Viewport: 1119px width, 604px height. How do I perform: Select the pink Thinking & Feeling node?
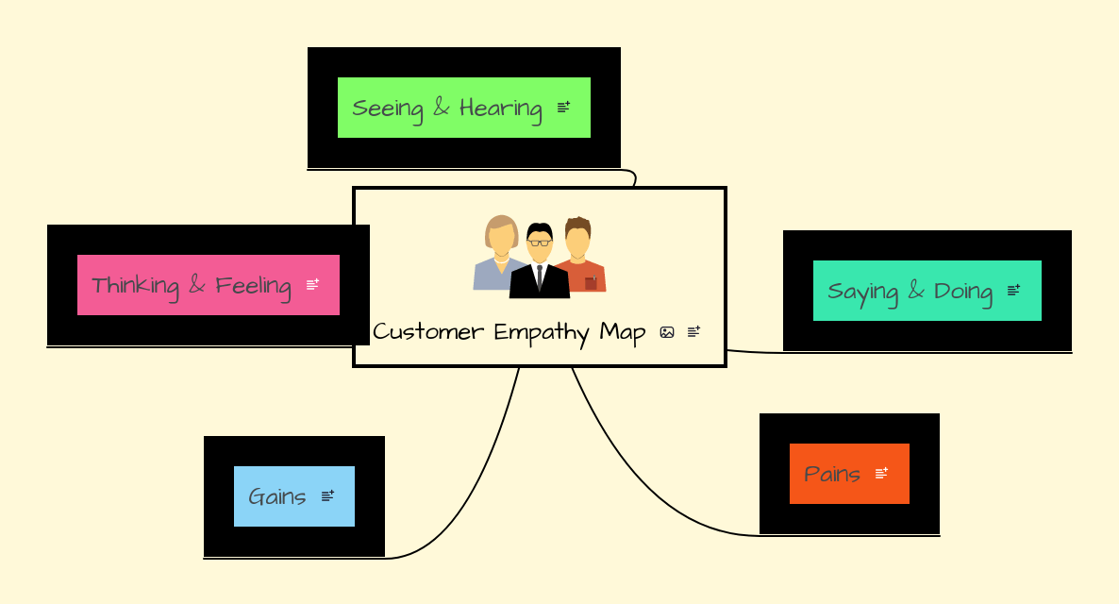click(191, 285)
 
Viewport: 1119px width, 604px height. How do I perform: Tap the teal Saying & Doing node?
click(910, 291)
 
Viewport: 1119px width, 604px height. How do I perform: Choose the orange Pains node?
click(832, 474)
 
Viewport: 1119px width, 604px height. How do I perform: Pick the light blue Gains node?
click(277, 496)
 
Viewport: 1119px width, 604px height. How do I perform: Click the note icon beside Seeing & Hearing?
click(563, 108)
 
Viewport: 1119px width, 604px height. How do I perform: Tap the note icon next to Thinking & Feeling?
click(312, 284)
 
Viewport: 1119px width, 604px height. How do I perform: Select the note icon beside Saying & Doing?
click(1013, 291)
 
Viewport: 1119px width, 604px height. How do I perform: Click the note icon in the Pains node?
click(881, 474)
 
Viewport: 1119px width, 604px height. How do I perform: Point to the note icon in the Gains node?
click(327, 496)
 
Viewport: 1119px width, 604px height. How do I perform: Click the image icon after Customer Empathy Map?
click(667, 332)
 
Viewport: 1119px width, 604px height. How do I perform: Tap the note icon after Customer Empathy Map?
click(693, 332)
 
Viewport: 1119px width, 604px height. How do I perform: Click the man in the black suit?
click(539, 274)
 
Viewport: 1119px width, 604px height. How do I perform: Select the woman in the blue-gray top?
click(498, 260)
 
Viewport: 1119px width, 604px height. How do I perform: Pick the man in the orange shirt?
click(581, 260)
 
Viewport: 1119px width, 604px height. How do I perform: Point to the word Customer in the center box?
click(428, 332)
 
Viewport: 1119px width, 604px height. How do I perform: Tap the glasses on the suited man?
click(539, 243)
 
